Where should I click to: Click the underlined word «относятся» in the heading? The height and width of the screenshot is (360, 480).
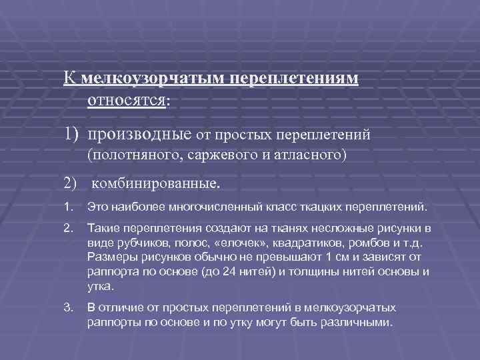coord(127,100)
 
